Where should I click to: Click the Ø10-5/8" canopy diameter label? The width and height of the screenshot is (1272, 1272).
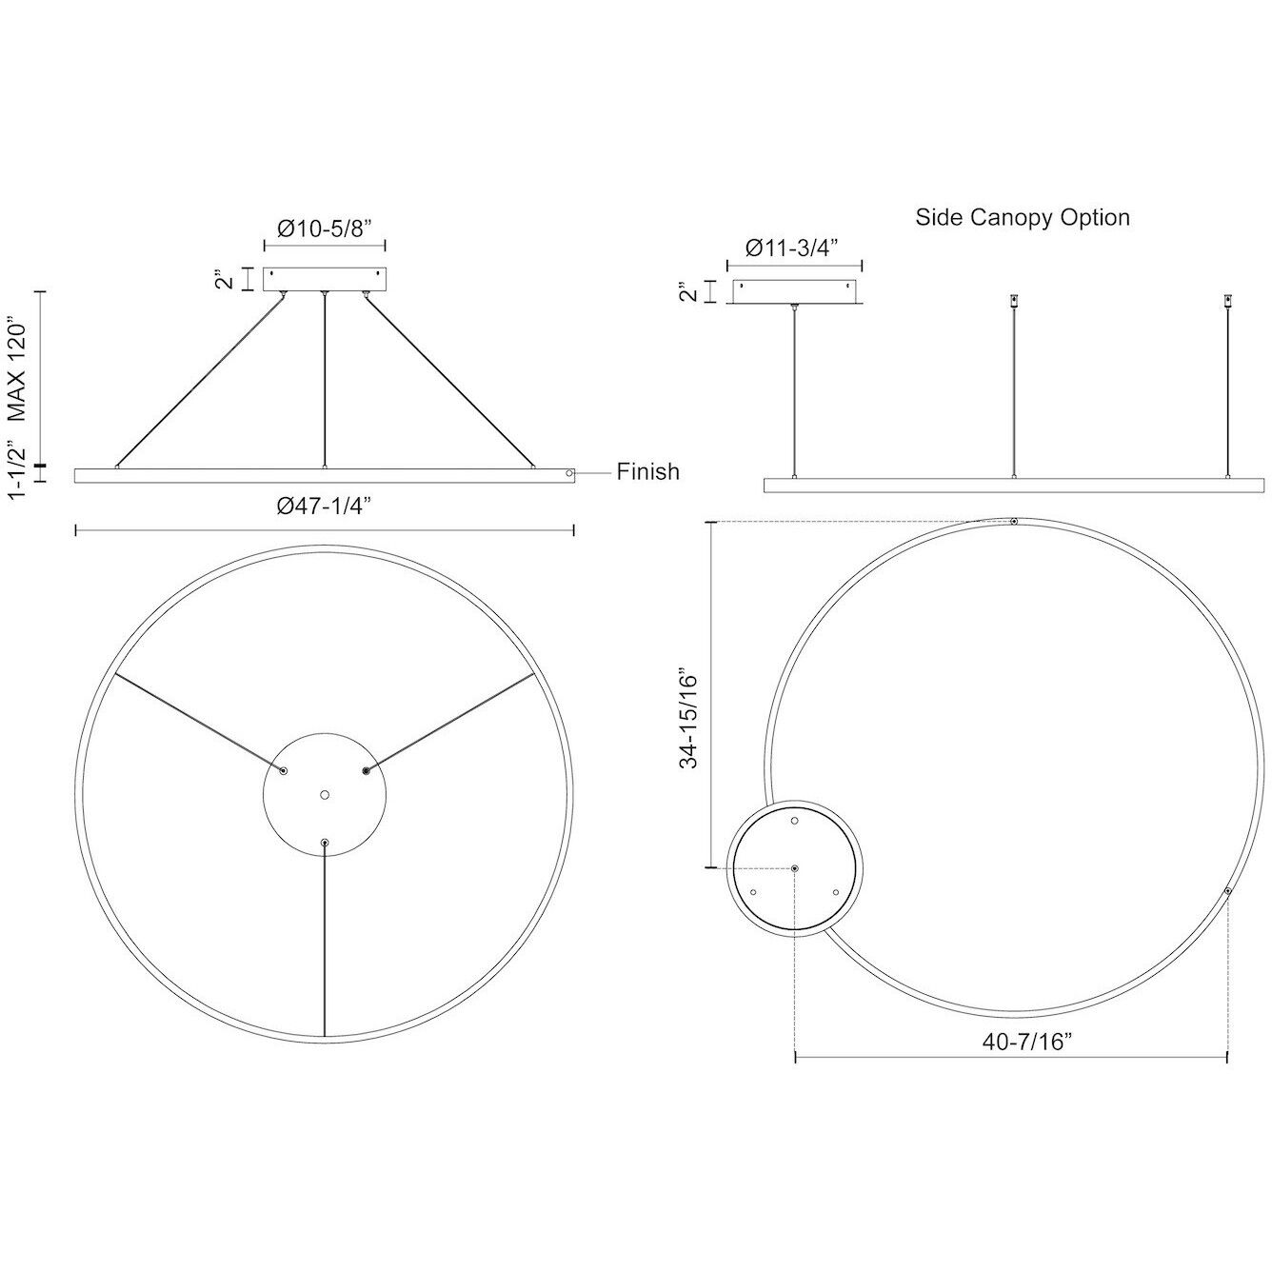[324, 229]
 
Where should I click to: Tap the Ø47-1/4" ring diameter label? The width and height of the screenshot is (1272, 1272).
[324, 507]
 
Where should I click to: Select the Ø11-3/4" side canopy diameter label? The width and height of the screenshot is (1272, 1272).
[793, 248]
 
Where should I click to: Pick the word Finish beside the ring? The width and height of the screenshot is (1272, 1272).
[647, 471]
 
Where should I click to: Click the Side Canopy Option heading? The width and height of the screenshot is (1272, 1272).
[1022, 217]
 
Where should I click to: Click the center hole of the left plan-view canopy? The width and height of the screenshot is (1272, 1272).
[324, 793]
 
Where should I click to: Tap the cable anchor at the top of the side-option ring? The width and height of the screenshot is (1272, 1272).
[1014, 522]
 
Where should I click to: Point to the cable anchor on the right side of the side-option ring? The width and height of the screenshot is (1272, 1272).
[1227, 891]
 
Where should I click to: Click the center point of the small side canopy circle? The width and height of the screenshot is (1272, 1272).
[795, 868]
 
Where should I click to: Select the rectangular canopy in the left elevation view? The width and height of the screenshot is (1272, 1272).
[324, 279]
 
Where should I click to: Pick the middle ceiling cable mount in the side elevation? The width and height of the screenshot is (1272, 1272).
[1014, 301]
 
